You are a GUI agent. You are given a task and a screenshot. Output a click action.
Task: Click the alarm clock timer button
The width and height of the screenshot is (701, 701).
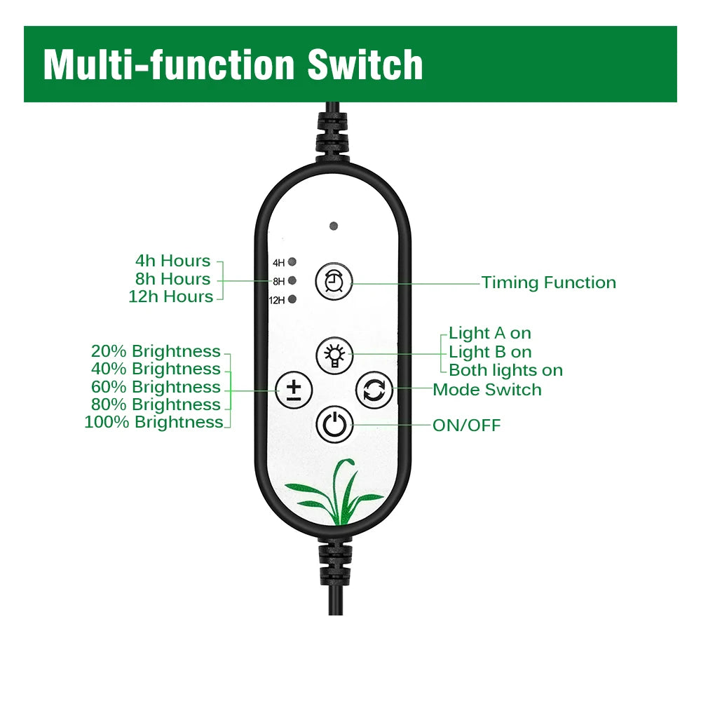pyautogui.click(x=334, y=282)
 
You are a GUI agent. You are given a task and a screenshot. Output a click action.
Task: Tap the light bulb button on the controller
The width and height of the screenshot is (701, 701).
pyautogui.click(x=334, y=355)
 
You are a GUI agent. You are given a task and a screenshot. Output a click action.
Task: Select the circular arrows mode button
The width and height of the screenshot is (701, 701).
pyautogui.click(x=374, y=390)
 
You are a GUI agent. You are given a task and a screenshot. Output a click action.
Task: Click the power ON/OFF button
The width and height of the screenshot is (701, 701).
pyautogui.click(x=334, y=425)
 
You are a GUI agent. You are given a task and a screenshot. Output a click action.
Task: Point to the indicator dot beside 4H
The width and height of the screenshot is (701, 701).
pyautogui.click(x=292, y=262)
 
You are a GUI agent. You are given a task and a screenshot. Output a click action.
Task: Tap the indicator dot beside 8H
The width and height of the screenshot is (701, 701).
pyautogui.click(x=292, y=281)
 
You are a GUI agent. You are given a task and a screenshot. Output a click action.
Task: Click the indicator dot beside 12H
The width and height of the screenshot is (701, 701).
pyautogui.click(x=292, y=300)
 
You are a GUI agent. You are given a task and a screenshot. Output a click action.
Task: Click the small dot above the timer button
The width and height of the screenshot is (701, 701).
pyautogui.click(x=334, y=226)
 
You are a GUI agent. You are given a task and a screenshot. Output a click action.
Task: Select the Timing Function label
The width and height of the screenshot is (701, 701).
pyautogui.click(x=548, y=283)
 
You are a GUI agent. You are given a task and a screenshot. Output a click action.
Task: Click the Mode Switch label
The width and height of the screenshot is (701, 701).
pyautogui.click(x=487, y=390)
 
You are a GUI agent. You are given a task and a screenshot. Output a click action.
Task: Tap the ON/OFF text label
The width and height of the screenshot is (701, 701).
pyautogui.click(x=466, y=426)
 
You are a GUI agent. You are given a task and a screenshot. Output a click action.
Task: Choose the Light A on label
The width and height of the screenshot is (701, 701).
pyautogui.click(x=490, y=333)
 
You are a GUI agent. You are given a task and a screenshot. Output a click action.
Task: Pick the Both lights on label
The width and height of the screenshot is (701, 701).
pyautogui.click(x=505, y=370)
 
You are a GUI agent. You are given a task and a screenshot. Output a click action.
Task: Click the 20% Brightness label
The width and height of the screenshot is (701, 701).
pyautogui.click(x=156, y=351)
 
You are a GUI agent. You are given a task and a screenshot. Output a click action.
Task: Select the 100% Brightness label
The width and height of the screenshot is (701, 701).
pyautogui.click(x=154, y=422)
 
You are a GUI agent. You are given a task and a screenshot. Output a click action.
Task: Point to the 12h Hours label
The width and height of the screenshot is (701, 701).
pyautogui.click(x=170, y=297)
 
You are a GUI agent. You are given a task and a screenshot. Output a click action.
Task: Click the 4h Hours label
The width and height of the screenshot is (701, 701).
pyautogui.click(x=172, y=261)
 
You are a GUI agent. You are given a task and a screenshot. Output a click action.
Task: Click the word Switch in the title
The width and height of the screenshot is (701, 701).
pyautogui.click(x=365, y=64)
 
